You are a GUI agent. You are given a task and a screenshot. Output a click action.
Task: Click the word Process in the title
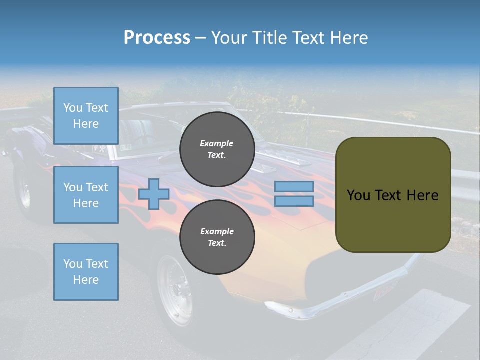pyautogui.click(x=157, y=38)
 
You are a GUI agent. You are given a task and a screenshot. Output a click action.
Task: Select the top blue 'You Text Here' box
pyautogui.click(x=86, y=116)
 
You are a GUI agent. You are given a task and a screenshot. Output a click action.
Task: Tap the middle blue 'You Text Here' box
pyautogui.click(x=86, y=195)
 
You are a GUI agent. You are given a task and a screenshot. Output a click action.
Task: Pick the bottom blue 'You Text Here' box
pyautogui.click(x=86, y=272)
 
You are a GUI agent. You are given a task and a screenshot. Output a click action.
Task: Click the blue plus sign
pyautogui.click(x=154, y=194)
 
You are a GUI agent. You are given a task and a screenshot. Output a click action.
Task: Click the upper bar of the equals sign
pyautogui.click(x=294, y=186)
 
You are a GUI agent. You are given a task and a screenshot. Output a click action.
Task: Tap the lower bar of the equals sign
pyautogui.click(x=294, y=201)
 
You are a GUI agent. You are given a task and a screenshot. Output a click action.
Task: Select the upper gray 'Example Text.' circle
pyautogui.click(x=217, y=149)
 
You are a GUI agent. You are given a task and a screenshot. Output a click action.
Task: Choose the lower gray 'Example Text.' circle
pyautogui.click(x=217, y=237)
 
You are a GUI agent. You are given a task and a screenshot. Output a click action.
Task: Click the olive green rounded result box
pyautogui.click(x=393, y=220)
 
